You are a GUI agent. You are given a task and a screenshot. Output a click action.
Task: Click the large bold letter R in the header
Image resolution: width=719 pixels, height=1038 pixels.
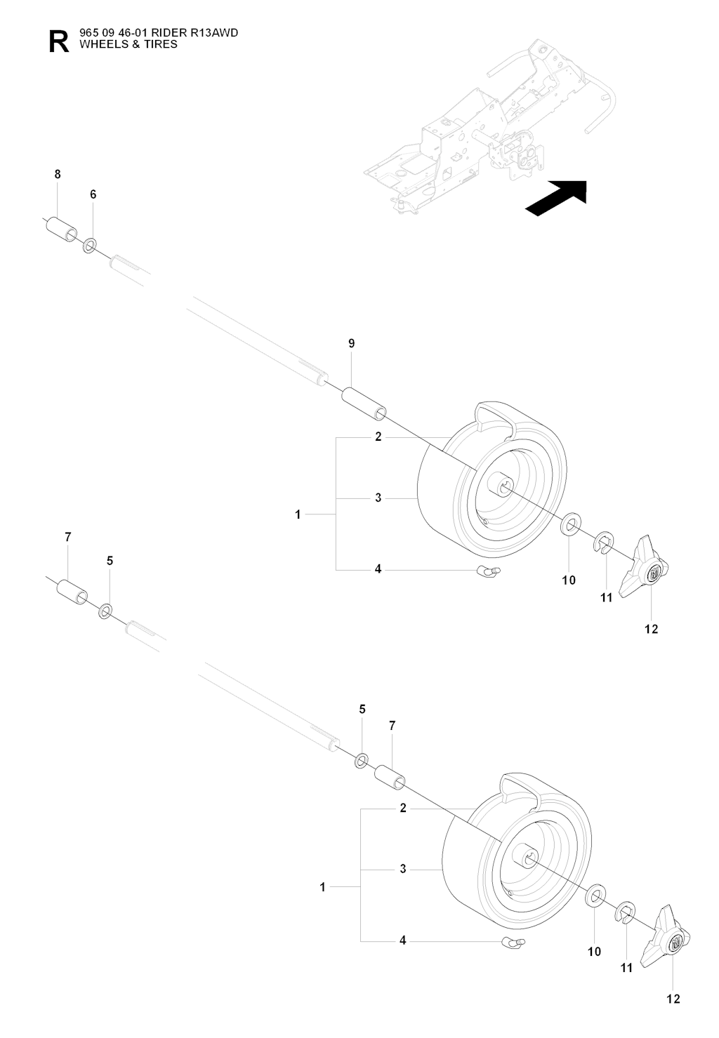click(x=60, y=41)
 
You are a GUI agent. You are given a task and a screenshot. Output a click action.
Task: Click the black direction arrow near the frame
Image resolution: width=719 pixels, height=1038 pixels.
click(x=556, y=198)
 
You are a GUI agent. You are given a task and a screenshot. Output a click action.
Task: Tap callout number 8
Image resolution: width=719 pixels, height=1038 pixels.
click(x=58, y=174)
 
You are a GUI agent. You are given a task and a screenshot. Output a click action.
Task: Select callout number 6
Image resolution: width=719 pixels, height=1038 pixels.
click(x=93, y=194)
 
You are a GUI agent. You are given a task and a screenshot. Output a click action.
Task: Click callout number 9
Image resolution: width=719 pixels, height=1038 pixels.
click(x=351, y=343)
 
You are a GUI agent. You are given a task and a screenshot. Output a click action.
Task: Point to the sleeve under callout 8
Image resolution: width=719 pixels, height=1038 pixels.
click(x=61, y=229)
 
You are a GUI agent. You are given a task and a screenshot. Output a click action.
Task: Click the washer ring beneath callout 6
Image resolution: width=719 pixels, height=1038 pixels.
click(x=90, y=246)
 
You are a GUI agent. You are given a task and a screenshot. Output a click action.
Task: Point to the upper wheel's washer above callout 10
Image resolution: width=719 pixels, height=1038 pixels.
click(x=571, y=523)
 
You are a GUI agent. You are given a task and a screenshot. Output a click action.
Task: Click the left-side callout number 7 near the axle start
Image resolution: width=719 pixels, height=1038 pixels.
click(x=68, y=537)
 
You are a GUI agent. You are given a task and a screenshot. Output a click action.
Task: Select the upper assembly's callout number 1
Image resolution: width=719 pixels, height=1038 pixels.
click(x=298, y=514)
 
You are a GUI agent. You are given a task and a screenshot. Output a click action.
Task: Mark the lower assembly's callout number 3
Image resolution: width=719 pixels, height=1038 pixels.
click(x=403, y=869)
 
